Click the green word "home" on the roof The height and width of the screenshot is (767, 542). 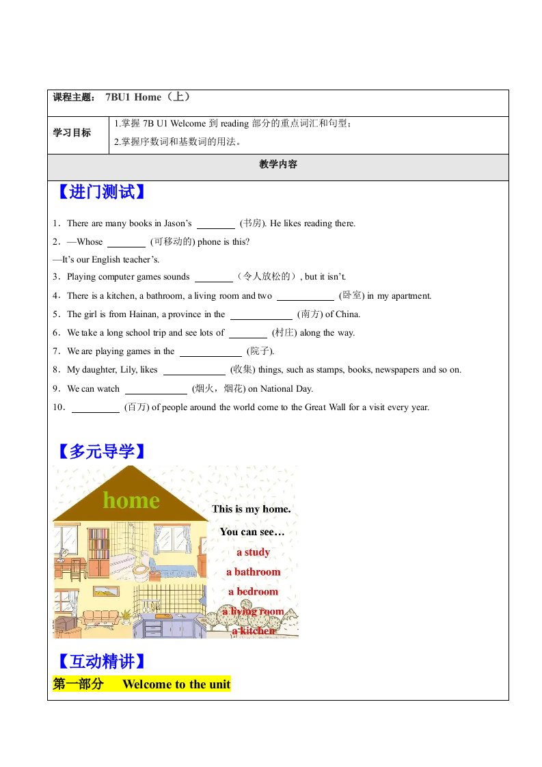point(131,500)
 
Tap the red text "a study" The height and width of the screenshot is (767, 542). point(253,552)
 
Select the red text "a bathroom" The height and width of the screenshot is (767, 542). point(253,571)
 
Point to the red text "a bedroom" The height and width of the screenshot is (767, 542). point(253,591)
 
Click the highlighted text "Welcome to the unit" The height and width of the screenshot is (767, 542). point(176,684)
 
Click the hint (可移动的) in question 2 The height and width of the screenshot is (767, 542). point(172,241)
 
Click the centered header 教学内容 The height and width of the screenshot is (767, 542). point(278,165)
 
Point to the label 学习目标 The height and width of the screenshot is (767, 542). point(72,133)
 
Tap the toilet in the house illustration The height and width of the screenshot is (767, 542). point(141,569)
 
